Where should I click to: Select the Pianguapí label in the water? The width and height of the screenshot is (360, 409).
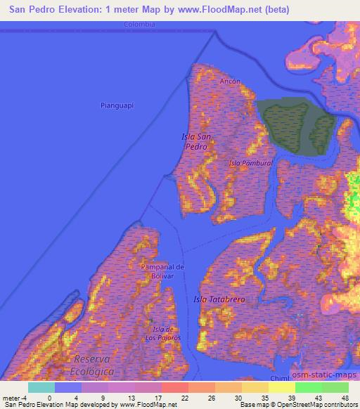coord(117,105)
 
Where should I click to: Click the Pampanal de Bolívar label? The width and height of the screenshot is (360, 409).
coord(162,271)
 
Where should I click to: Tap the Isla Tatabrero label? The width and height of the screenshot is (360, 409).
coord(219,299)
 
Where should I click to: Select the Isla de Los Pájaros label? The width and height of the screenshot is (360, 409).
coord(167,333)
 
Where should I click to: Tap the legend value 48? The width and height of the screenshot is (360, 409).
coord(345,397)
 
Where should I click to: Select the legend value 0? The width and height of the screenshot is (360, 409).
coord(49,397)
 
